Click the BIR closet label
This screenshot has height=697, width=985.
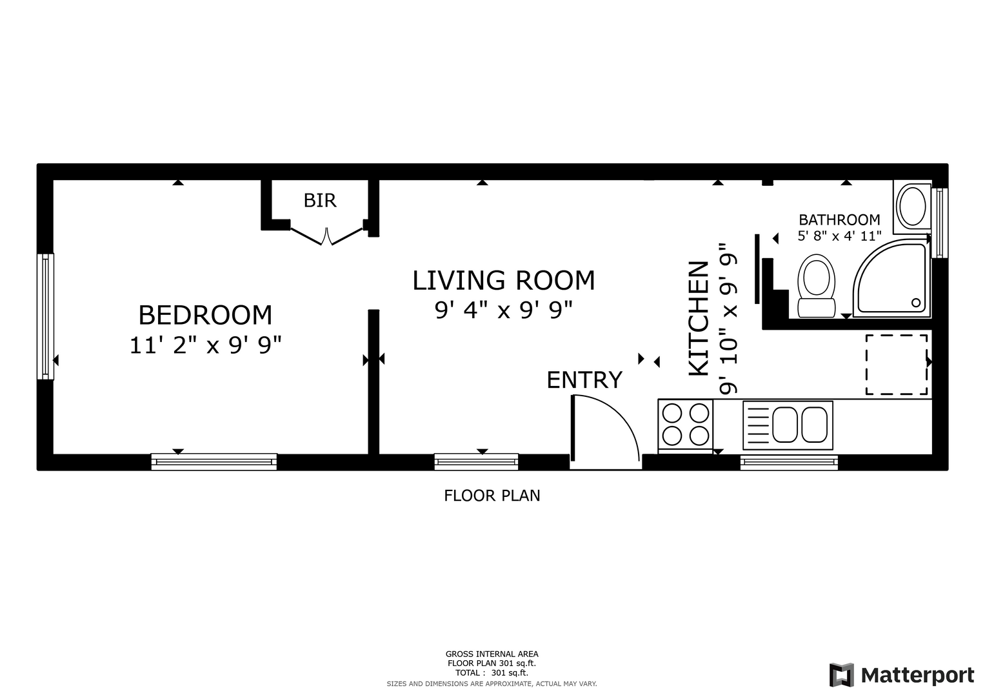tap(320, 201)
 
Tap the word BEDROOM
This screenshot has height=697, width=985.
tap(205, 315)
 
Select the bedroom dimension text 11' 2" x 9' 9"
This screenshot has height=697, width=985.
tap(205, 345)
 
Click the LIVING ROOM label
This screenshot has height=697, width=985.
tap(504, 280)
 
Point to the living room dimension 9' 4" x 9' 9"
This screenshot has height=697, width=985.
tap(504, 310)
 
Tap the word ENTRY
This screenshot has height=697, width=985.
tap(584, 379)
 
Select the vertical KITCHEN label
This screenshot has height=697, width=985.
tap(699, 319)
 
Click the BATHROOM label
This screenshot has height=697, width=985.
tap(839, 219)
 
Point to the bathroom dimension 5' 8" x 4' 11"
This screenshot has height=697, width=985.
tap(839, 236)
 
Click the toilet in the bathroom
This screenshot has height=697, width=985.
tap(817, 286)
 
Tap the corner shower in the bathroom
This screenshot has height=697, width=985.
tap(891, 278)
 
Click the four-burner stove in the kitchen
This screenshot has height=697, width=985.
tap(686, 425)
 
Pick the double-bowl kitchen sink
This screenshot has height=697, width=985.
tap(788, 425)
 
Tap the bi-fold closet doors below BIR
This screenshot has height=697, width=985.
tap(326, 236)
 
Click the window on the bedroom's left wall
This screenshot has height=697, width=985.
tap(45, 316)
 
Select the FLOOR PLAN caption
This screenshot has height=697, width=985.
tap(492, 496)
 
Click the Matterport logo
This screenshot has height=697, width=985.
tap(901, 675)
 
